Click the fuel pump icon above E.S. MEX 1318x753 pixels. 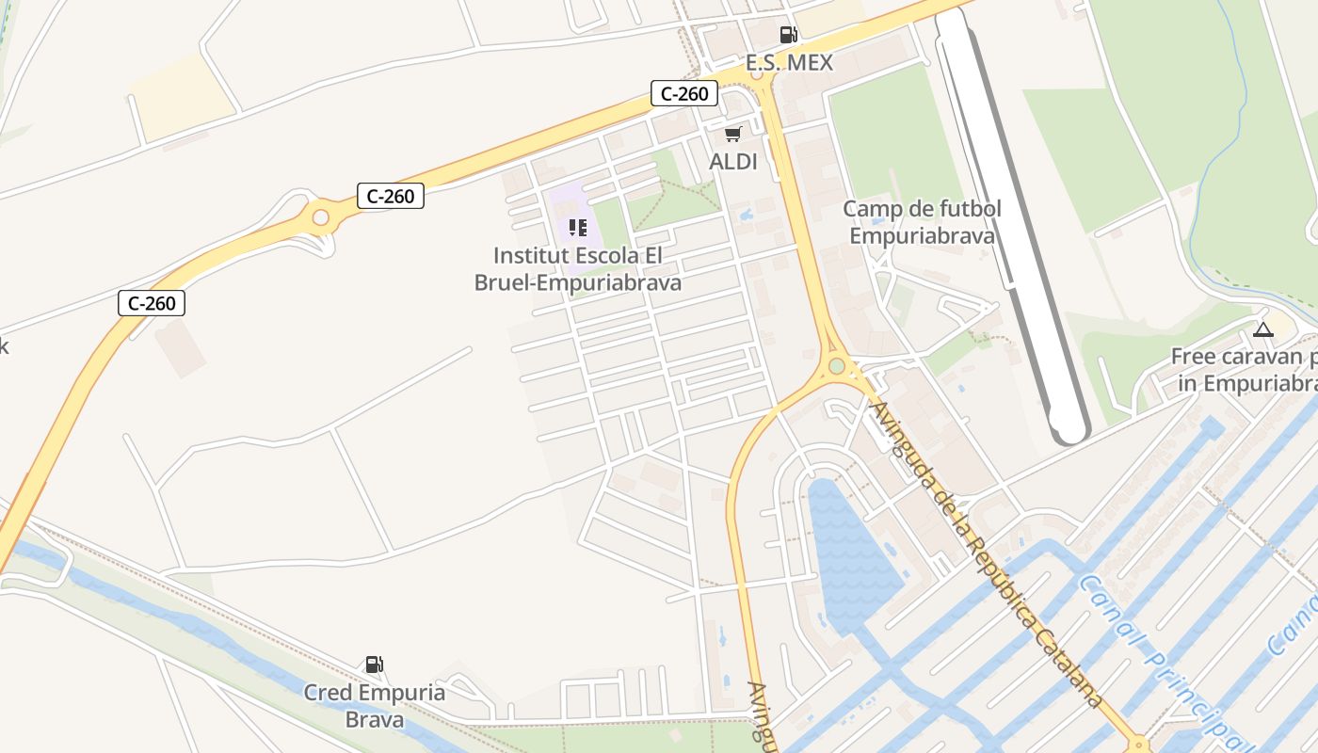click(x=788, y=35)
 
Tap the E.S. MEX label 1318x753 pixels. click(x=789, y=63)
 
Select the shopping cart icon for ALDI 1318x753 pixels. click(x=733, y=134)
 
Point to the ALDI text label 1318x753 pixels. click(x=733, y=162)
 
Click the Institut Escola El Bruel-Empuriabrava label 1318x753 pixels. click(x=578, y=269)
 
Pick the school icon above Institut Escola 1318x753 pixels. click(x=577, y=227)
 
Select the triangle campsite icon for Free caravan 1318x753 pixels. click(x=1262, y=329)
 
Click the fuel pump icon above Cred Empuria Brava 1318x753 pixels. click(x=375, y=665)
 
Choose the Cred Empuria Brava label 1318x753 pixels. click(x=375, y=706)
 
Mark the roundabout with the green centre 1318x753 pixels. click(x=836, y=365)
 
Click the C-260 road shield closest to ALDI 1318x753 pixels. click(x=684, y=93)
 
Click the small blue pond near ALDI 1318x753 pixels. click(x=747, y=215)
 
